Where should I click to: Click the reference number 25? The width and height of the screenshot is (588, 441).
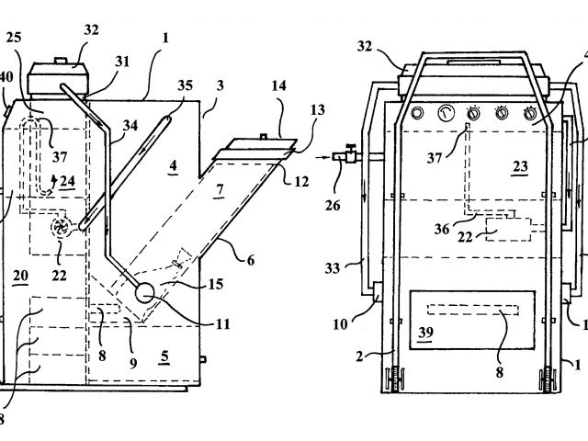point(14,38)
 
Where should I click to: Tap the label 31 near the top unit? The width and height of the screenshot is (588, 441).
point(122,62)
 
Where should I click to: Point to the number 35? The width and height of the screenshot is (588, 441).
point(185,85)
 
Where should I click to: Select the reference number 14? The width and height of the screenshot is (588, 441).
point(278,85)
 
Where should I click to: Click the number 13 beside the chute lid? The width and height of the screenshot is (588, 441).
point(317,110)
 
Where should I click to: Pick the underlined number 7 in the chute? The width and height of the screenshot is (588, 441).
point(220,190)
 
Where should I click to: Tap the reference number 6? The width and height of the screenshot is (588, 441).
point(251,260)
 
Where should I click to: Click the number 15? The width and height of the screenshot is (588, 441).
point(216,284)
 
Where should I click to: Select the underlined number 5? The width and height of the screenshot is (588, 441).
point(165,356)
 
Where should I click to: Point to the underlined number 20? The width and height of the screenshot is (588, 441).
point(20,276)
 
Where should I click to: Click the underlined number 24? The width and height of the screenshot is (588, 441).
point(67,182)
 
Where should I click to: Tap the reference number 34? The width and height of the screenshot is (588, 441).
point(130,125)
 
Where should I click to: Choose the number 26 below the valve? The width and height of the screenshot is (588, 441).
point(333,205)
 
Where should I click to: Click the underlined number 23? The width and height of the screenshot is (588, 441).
point(521,166)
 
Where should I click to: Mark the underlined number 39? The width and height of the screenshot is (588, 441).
point(426,333)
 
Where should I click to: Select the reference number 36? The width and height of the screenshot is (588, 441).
point(442,229)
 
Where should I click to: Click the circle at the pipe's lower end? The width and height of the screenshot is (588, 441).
point(145,293)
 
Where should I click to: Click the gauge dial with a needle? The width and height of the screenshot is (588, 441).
point(447,112)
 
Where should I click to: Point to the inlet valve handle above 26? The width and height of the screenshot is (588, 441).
point(351,146)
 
